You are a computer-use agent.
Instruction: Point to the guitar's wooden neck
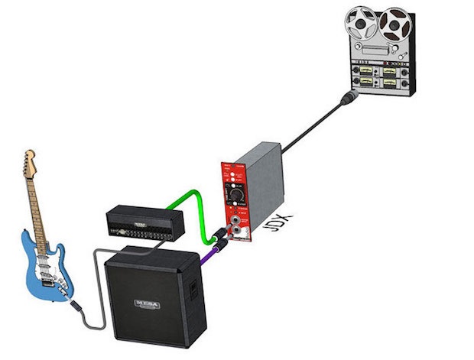point(37,206)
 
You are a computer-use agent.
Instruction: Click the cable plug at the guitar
point(76,306)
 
